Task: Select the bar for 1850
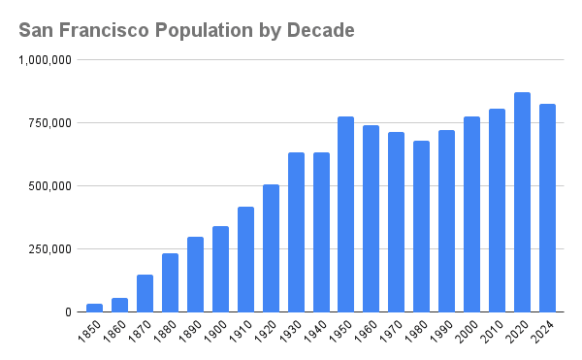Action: (94, 308)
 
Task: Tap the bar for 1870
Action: (145, 293)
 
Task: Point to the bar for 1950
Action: (346, 214)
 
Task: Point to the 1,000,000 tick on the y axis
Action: (45, 60)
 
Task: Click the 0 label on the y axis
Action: (66, 312)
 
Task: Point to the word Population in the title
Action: (201, 30)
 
